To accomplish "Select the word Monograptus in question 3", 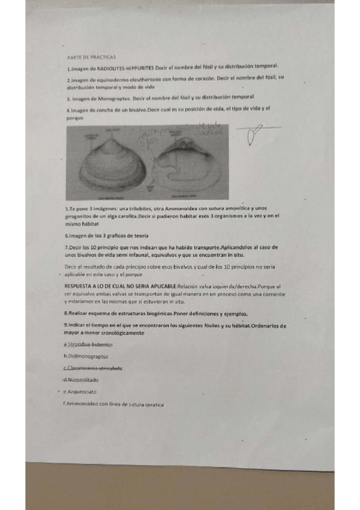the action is pyautogui.click(x=118, y=97).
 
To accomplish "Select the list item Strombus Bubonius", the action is pyautogui.click(x=91, y=345).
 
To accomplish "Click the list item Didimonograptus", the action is pyautogui.click(x=91, y=357).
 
